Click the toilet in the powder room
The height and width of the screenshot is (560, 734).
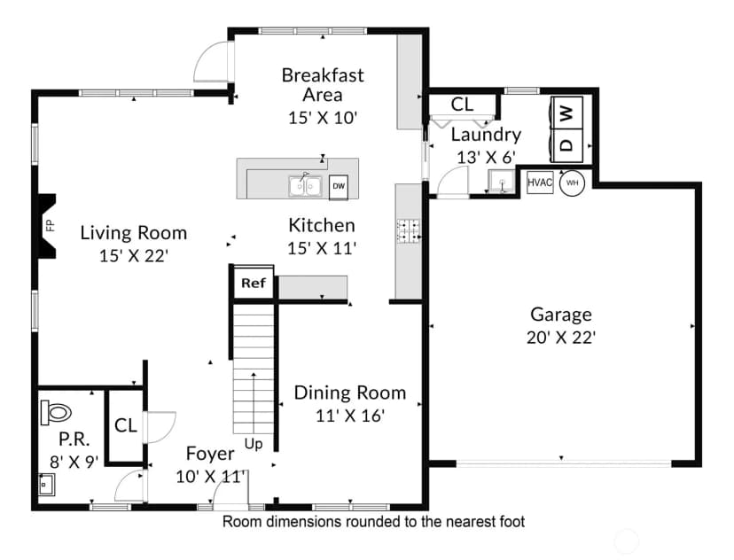pos(55,412)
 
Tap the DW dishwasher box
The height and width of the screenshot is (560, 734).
pos(339,186)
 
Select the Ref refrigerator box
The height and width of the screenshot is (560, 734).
pos(254,283)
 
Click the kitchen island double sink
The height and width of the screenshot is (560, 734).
pos(305,185)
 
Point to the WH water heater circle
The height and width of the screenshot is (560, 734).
pos(573,183)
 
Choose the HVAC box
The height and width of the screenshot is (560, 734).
pos(540,183)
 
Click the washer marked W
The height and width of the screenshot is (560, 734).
pos(567,113)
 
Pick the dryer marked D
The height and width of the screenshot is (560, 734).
pos(567,145)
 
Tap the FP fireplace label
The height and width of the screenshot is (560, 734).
pos(51,225)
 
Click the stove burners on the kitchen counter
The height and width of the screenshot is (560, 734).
pos(409,231)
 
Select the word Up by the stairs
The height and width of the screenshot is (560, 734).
pos(254,444)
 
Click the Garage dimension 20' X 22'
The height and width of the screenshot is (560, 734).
pos(560,338)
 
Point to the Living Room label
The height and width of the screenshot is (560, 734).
pos(133,232)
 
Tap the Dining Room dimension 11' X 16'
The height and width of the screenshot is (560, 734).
pos(349,415)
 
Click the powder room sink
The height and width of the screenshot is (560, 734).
pos(46,484)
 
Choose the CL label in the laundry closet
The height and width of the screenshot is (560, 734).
pos(462,105)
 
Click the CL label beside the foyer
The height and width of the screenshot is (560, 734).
pos(126,425)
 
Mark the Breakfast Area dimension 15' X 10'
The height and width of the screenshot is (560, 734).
pos(323,118)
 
